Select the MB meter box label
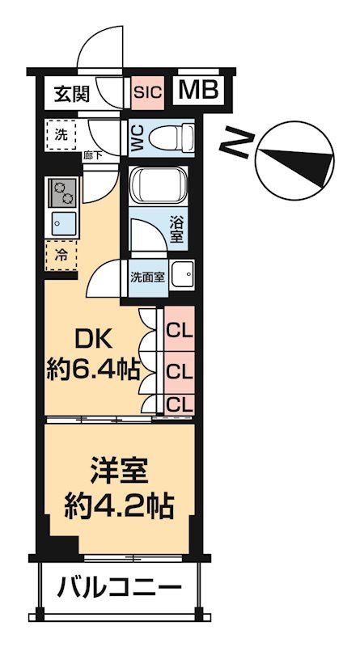pos(198,91)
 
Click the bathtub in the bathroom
pos(158,185)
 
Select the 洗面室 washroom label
pos(147,277)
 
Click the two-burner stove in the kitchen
pos(61,192)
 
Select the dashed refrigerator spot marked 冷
pos(61,254)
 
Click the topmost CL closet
pos(179,330)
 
